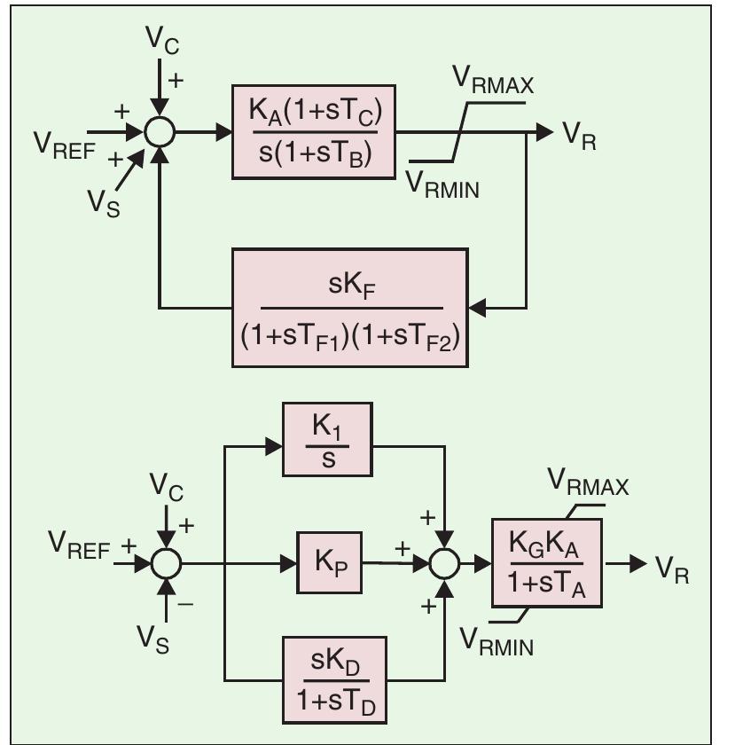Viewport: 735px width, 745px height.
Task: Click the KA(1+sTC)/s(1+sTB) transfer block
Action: [312, 131]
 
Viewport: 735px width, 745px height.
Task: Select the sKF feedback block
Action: [349, 307]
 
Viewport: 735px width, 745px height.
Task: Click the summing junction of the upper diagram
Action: [159, 131]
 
